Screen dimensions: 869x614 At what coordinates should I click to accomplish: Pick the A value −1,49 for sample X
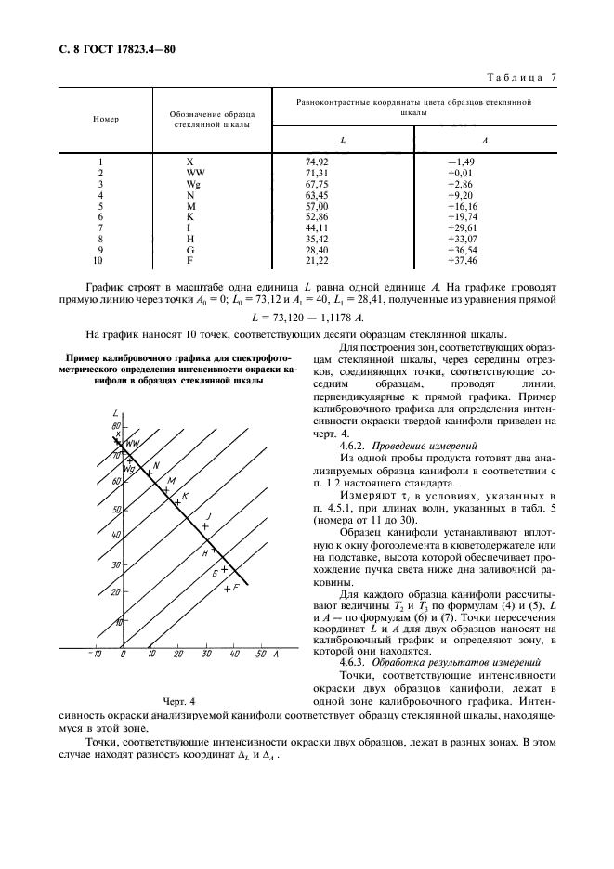pos(461,162)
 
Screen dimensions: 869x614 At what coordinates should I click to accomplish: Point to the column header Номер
pos(106,120)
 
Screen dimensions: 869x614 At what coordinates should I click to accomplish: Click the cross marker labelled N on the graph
pos(149,473)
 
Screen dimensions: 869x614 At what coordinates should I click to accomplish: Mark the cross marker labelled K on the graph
pos(176,502)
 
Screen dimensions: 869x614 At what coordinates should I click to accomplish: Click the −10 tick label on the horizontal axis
pos(94,655)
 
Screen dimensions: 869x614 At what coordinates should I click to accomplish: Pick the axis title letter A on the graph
pos(278,655)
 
